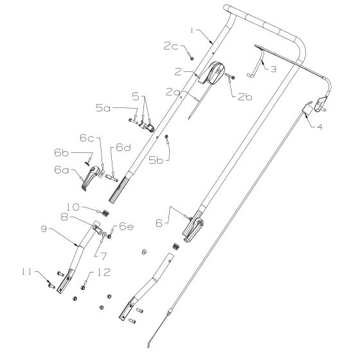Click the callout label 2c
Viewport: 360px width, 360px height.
pyautogui.click(x=170, y=46)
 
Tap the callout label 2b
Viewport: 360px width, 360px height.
pyautogui.click(x=245, y=97)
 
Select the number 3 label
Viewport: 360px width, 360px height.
pyautogui.click(x=273, y=69)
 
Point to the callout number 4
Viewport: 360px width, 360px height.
pyautogui.click(x=319, y=127)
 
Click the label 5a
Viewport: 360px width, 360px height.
pyautogui.click(x=103, y=108)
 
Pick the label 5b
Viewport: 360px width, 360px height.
pyautogui.click(x=156, y=160)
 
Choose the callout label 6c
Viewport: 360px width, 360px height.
pyautogui.click(x=87, y=138)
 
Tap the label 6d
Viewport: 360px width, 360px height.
pyautogui.click(x=123, y=147)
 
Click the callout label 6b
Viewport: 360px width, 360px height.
pyautogui.click(x=61, y=153)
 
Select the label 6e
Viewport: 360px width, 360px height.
pyautogui.click(x=126, y=227)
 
